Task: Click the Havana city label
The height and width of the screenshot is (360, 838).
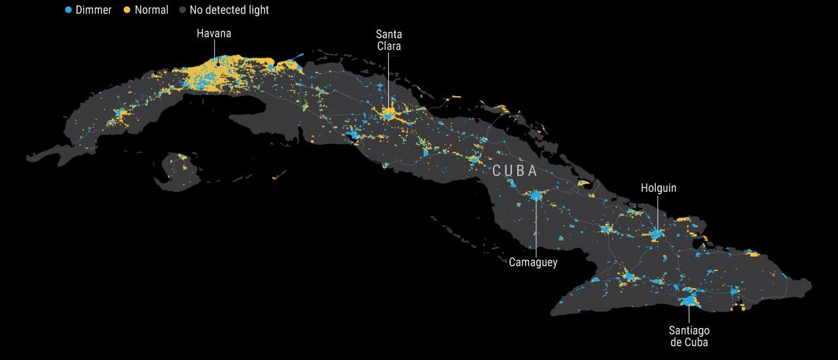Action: (x=214, y=33)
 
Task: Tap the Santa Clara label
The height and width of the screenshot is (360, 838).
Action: (x=388, y=40)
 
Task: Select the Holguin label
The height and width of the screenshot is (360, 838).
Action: (x=658, y=188)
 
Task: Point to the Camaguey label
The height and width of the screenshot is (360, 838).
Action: (x=533, y=262)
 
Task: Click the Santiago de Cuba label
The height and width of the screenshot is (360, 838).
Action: (x=689, y=336)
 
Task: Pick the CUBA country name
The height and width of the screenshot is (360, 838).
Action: (x=515, y=171)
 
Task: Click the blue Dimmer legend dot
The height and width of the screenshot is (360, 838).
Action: (x=68, y=10)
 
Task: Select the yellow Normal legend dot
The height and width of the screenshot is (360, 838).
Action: (x=127, y=10)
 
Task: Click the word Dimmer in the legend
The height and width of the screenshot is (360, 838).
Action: (x=94, y=10)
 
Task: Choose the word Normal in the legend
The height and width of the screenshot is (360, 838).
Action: (x=151, y=10)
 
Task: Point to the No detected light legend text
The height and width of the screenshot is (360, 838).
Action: (x=229, y=10)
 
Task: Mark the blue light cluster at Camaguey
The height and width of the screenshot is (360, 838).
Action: (x=536, y=195)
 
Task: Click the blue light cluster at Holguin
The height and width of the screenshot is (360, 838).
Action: (x=657, y=234)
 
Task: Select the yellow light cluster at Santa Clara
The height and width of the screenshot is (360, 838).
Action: (x=389, y=113)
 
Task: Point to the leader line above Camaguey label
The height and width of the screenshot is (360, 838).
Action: (x=536, y=229)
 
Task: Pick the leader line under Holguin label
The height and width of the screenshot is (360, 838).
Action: (x=658, y=213)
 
